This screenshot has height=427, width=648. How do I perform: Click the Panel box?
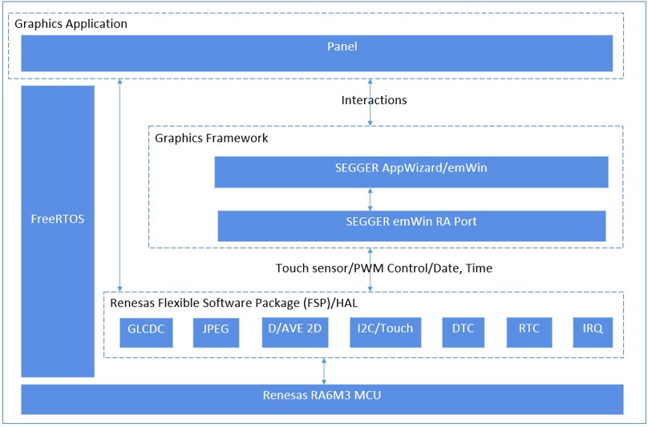pyautogui.click(x=317, y=53)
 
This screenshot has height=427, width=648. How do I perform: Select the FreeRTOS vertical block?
pyautogui.click(x=58, y=231)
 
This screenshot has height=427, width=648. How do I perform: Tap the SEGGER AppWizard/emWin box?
pyautogui.click(x=411, y=171)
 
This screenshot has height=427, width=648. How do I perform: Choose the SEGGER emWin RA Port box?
pyautogui.click(x=411, y=225)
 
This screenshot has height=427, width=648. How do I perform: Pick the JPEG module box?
pyautogui.click(x=217, y=332)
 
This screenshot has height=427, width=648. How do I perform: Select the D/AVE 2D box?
pyautogui.click(x=295, y=332)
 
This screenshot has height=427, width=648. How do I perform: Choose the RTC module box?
pyautogui.click(x=529, y=332)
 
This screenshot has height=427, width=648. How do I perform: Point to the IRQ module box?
pyautogui.click(x=593, y=332)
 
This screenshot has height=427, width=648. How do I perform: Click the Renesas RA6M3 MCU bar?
pyautogui.click(x=322, y=398)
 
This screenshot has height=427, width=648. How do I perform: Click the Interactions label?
pyautogui.click(x=374, y=101)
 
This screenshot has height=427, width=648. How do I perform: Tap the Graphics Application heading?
pyautogui.click(x=71, y=24)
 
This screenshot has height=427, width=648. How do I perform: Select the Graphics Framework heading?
pyautogui.click(x=211, y=138)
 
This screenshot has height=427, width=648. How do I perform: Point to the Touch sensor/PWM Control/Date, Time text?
pyautogui.click(x=384, y=268)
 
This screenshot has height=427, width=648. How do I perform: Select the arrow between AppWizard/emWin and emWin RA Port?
pyautogui.click(x=370, y=199)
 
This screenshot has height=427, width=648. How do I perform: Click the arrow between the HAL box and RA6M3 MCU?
pyautogui.click(x=324, y=371)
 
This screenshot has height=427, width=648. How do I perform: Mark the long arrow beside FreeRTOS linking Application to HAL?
pyautogui.click(x=119, y=184)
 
